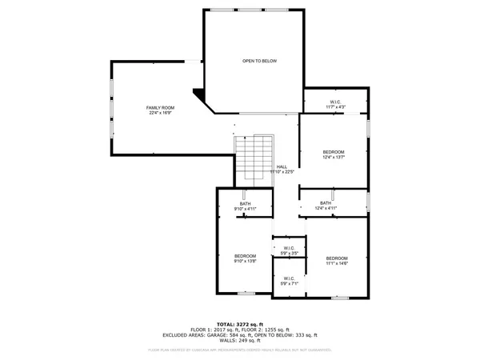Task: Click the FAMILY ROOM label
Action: click(160, 108)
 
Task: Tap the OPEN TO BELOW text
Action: click(259, 61)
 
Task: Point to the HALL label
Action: click(282, 166)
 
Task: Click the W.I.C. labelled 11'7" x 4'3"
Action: click(336, 102)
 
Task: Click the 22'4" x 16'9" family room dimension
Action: click(160, 113)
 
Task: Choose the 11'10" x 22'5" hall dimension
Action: click(282, 171)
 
